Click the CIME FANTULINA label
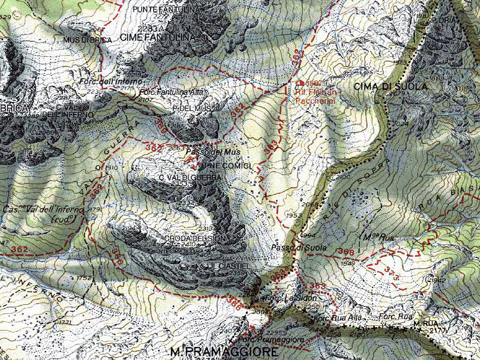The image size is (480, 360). pos(158,37)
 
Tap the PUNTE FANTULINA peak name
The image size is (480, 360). pos(166,10)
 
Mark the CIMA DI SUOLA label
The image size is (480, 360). pos(390,87)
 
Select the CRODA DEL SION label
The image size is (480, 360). pos(194,239)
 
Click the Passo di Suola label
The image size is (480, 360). pos(307,248)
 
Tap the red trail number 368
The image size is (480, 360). pos(346,251)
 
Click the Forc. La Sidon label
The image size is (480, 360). pos(290,298)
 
